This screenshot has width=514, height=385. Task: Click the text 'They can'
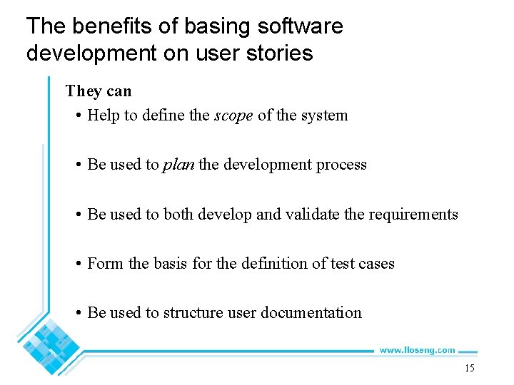point(99,91)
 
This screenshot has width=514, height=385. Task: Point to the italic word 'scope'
point(233,115)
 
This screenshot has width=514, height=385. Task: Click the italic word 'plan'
point(178,165)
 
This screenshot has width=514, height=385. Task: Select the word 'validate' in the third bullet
point(313,214)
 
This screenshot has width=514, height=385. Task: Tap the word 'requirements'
point(413,214)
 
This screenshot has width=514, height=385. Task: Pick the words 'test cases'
point(363,263)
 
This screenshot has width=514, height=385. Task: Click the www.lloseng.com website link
point(417,350)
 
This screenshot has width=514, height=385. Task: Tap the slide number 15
point(469,368)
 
